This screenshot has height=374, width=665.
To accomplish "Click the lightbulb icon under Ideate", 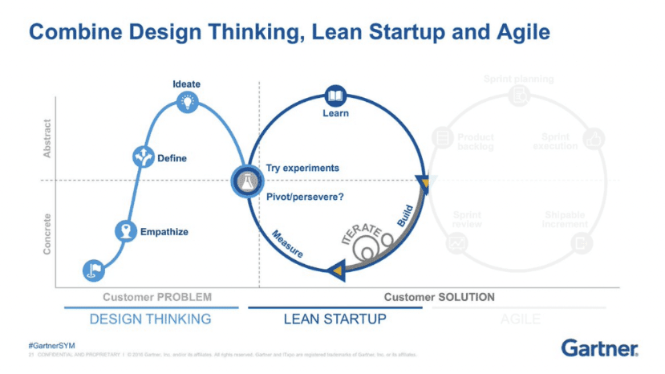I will [187, 101].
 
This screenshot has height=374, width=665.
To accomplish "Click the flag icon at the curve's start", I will [93, 270].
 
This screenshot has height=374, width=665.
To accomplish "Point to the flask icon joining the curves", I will [245, 181].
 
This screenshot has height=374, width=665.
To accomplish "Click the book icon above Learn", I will [335, 95].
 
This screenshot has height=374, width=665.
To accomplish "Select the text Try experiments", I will [302, 168].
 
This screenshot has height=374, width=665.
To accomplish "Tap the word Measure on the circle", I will [287, 243].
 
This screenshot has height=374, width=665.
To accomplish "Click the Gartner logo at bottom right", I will [600, 348].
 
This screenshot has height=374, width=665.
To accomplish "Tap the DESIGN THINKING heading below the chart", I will [150, 319].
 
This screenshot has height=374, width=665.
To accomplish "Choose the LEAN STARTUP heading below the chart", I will [335, 319].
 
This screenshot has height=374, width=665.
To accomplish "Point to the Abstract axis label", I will [47, 138].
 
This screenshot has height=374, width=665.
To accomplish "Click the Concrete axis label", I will [47, 234].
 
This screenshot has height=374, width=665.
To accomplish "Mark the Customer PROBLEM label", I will [157, 297].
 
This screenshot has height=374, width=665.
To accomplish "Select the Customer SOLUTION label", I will [439, 297].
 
